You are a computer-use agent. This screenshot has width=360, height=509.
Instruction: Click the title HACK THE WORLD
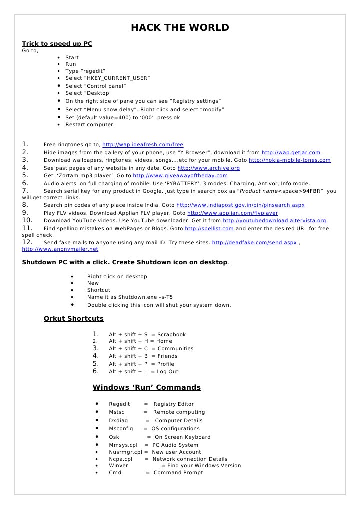[180, 28]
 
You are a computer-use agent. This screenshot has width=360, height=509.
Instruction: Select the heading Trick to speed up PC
[57, 44]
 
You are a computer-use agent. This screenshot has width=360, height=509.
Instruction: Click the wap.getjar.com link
[291, 152]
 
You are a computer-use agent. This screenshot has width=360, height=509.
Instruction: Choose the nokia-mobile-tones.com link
[290, 160]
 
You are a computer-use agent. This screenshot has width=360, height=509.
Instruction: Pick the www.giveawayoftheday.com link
[180, 176]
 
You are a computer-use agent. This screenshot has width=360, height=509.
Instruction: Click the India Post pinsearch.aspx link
[241, 205]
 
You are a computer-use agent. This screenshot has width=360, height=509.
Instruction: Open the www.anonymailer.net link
[60, 249]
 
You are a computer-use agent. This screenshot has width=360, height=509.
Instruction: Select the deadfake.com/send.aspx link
[254, 243]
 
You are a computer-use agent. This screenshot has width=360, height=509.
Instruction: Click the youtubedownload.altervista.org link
[274, 220]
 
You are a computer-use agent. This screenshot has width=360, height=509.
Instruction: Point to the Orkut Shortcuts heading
[74, 318]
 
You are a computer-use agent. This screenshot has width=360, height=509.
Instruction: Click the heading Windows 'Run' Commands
[147, 387]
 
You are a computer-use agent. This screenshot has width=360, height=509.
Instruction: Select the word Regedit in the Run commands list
[119, 404]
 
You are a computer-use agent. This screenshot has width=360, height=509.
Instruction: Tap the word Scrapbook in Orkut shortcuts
[171, 335]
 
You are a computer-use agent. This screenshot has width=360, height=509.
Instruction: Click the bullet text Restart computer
[90, 124]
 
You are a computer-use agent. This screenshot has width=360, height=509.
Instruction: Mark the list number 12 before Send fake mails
[27, 242]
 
